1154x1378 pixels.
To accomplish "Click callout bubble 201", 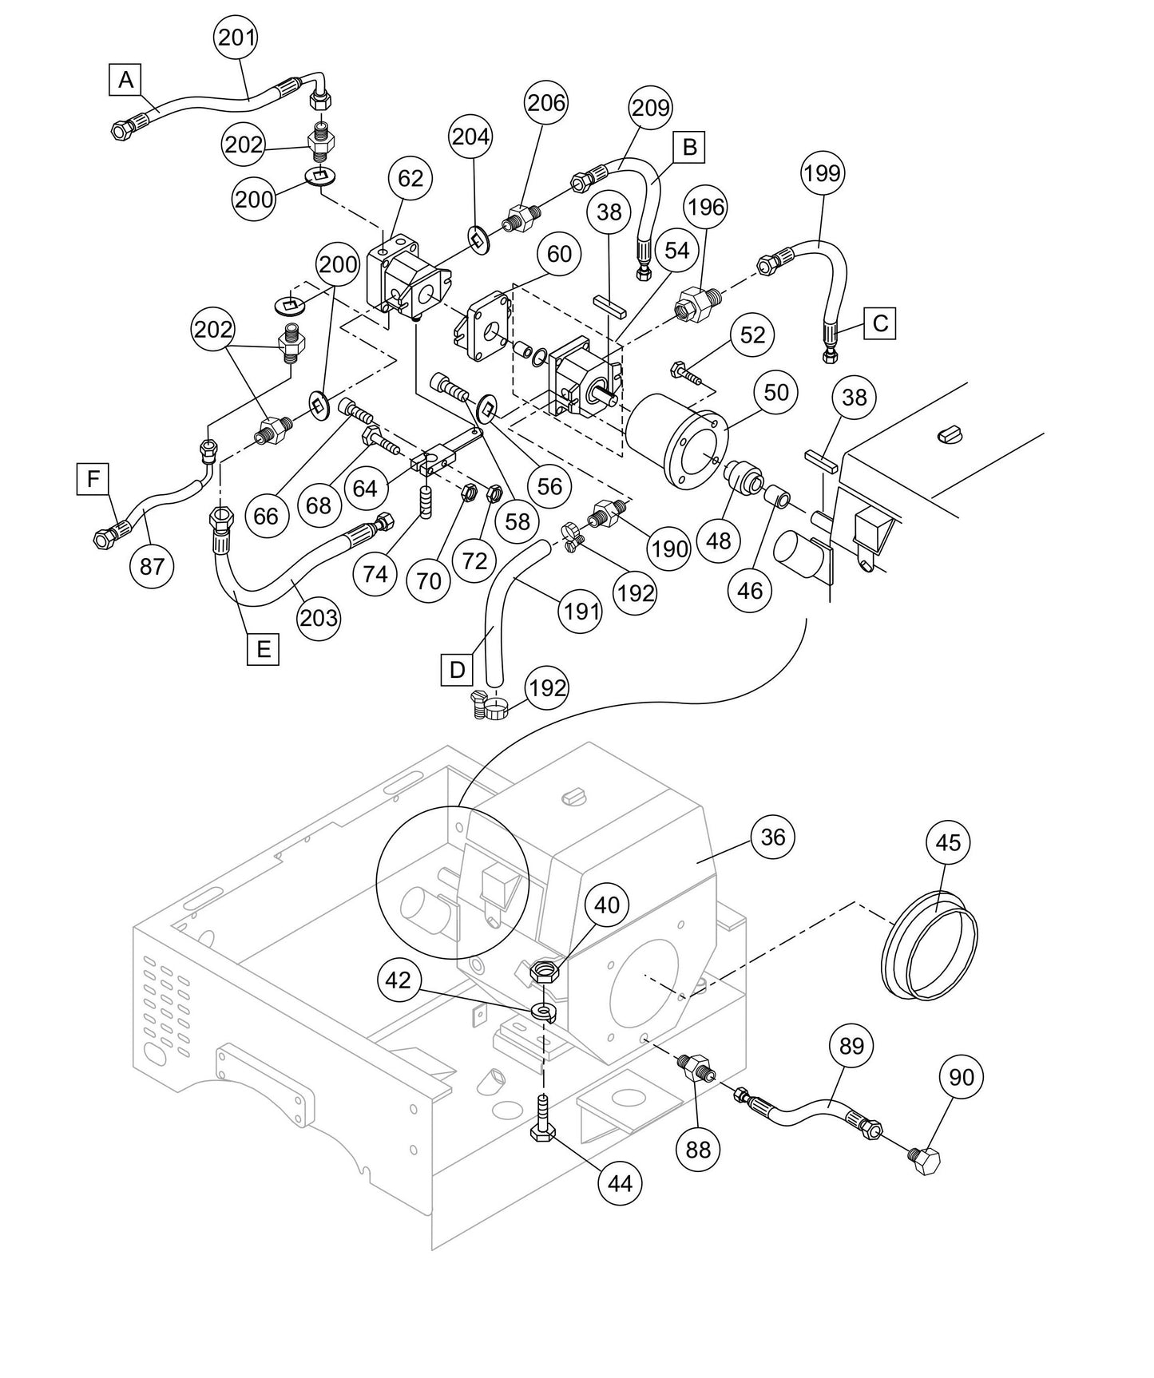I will pyautogui.click(x=236, y=37).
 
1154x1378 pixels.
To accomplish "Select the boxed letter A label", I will pyautogui.click(x=125, y=80).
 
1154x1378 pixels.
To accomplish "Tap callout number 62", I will pyautogui.click(x=410, y=178).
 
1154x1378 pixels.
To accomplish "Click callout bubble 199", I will pyautogui.click(x=823, y=172).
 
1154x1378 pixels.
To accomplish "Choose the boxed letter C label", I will pyautogui.click(x=880, y=323).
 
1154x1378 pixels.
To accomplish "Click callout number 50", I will pyautogui.click(x=775, y=392).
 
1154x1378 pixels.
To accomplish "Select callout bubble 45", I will pyautogui.click(x=948, y=842).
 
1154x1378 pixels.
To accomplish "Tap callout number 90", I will pyautogui.click(x=961, y=1077).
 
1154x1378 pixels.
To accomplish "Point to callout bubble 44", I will pyautogui.click(x=620, y=1182).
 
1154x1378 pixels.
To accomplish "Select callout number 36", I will pyautogui.click(x=773, y=837).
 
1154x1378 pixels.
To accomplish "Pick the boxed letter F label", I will pyautogui.click(x=93, y=479).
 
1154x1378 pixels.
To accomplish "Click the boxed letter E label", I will pyautogui.click(x=263, y=648).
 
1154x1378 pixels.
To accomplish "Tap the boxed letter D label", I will pyautogui.click(x=457, y=669).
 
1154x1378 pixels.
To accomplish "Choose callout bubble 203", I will pyautogui.click(x=318, y=617).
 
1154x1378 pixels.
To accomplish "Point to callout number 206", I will pyautogui.click(x=545, y=102).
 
